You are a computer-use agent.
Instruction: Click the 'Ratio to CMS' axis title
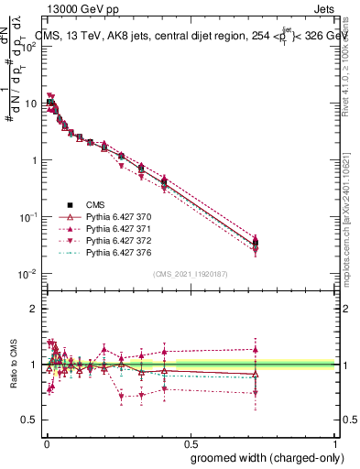pyautogui.click(x=12, y=364)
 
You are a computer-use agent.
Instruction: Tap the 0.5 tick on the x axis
pyautogui.click(x=190, y=444)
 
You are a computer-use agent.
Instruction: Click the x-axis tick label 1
pyautogui.click(x=336, y=444)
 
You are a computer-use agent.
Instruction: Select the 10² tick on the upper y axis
pyautogui.click(x=29, y=47)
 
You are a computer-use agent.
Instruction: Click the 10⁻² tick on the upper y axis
pyautogui.click(x=29, y=274)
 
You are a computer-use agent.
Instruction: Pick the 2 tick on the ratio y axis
pyautogui.click(x=34, y=309)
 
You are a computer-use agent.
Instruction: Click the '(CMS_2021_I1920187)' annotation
pyautogui.click(x=190, y=274)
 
